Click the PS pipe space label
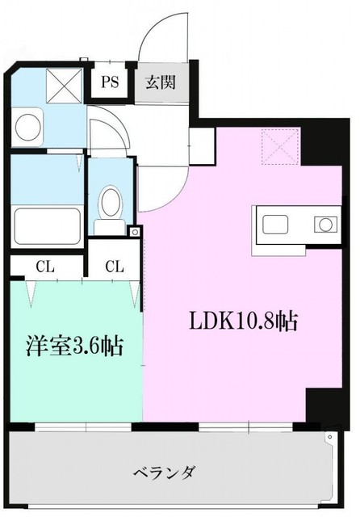110,82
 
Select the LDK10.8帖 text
243,322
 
